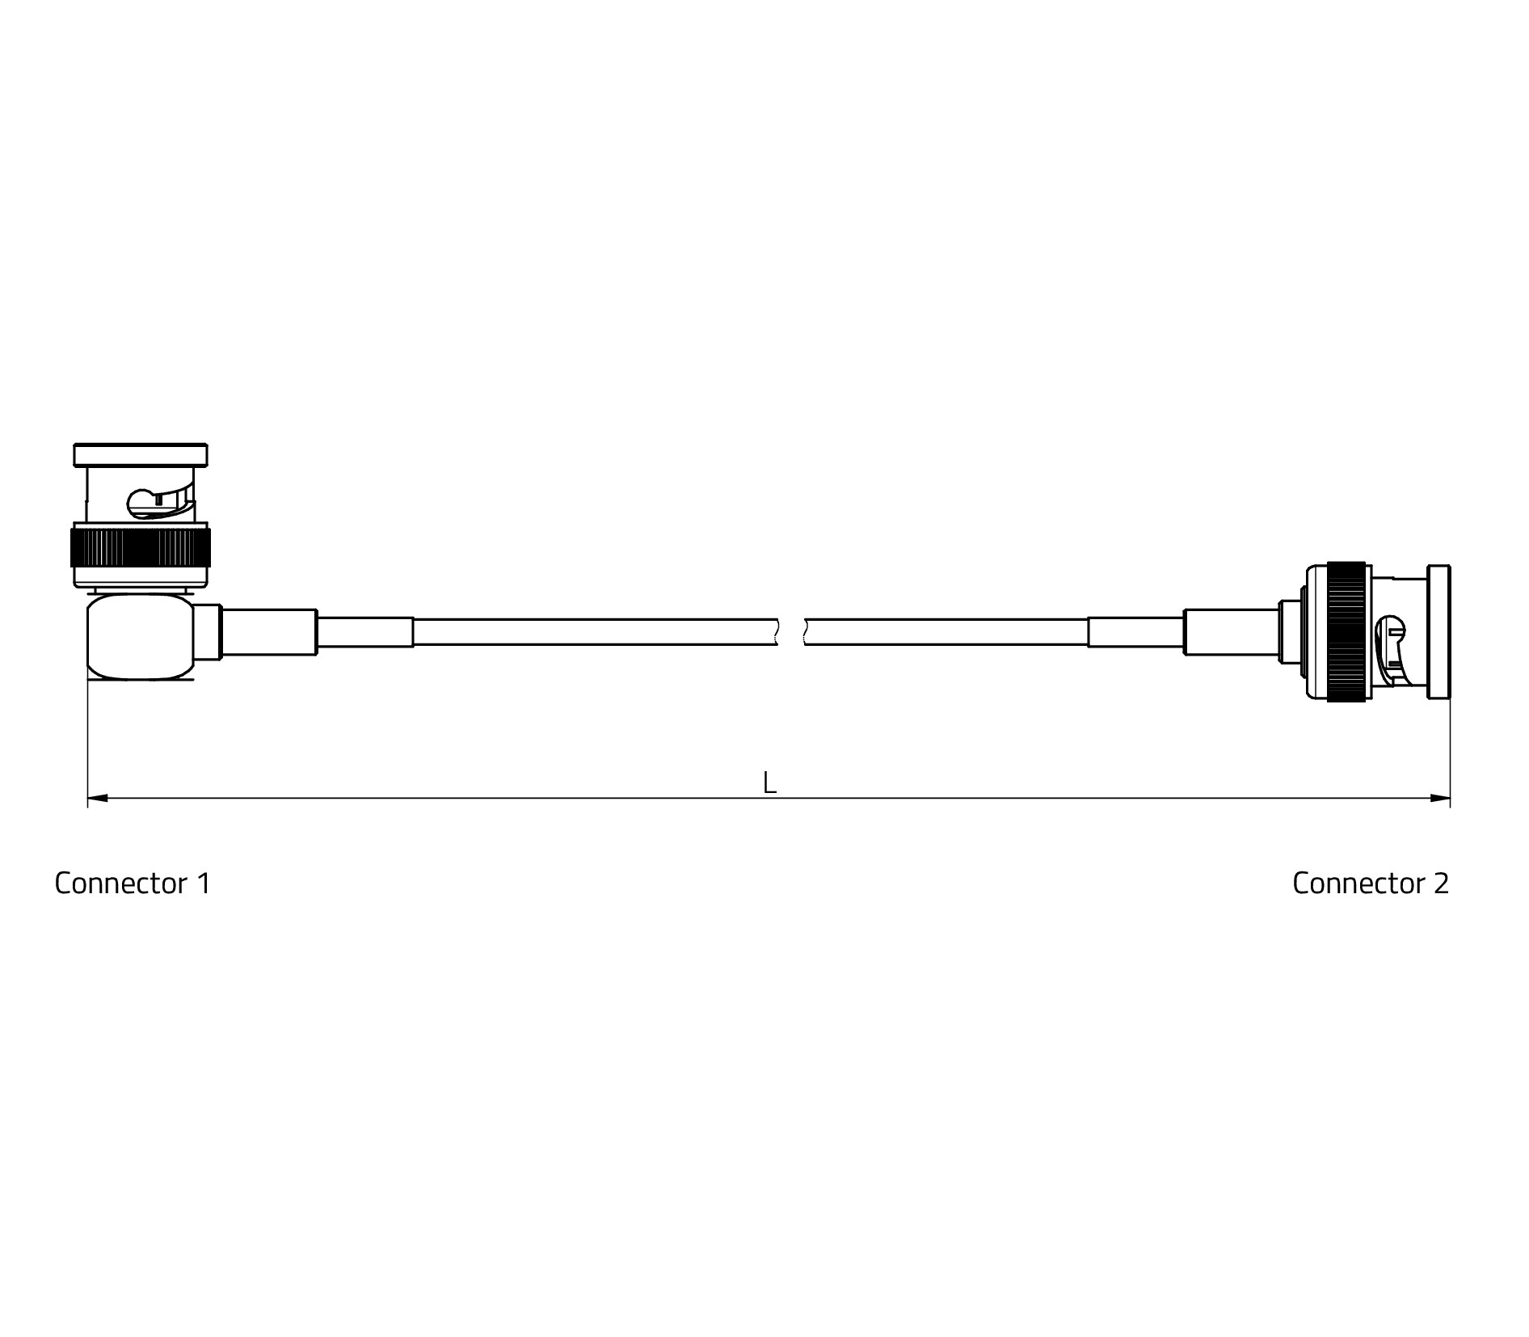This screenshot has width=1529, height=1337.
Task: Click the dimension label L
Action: point(769,782)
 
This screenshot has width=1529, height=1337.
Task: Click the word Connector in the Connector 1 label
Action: point(121,884)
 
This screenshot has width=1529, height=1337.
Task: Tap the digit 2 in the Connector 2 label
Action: point(1441,884)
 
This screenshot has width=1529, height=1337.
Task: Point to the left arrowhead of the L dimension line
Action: point(98,799)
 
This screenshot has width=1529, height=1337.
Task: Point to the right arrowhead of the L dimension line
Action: point(1440,799)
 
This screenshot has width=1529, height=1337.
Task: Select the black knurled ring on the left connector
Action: point(141,548)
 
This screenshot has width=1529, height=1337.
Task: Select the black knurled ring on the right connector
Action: point(1346,631)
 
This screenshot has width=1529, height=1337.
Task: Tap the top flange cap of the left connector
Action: point(141,455)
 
